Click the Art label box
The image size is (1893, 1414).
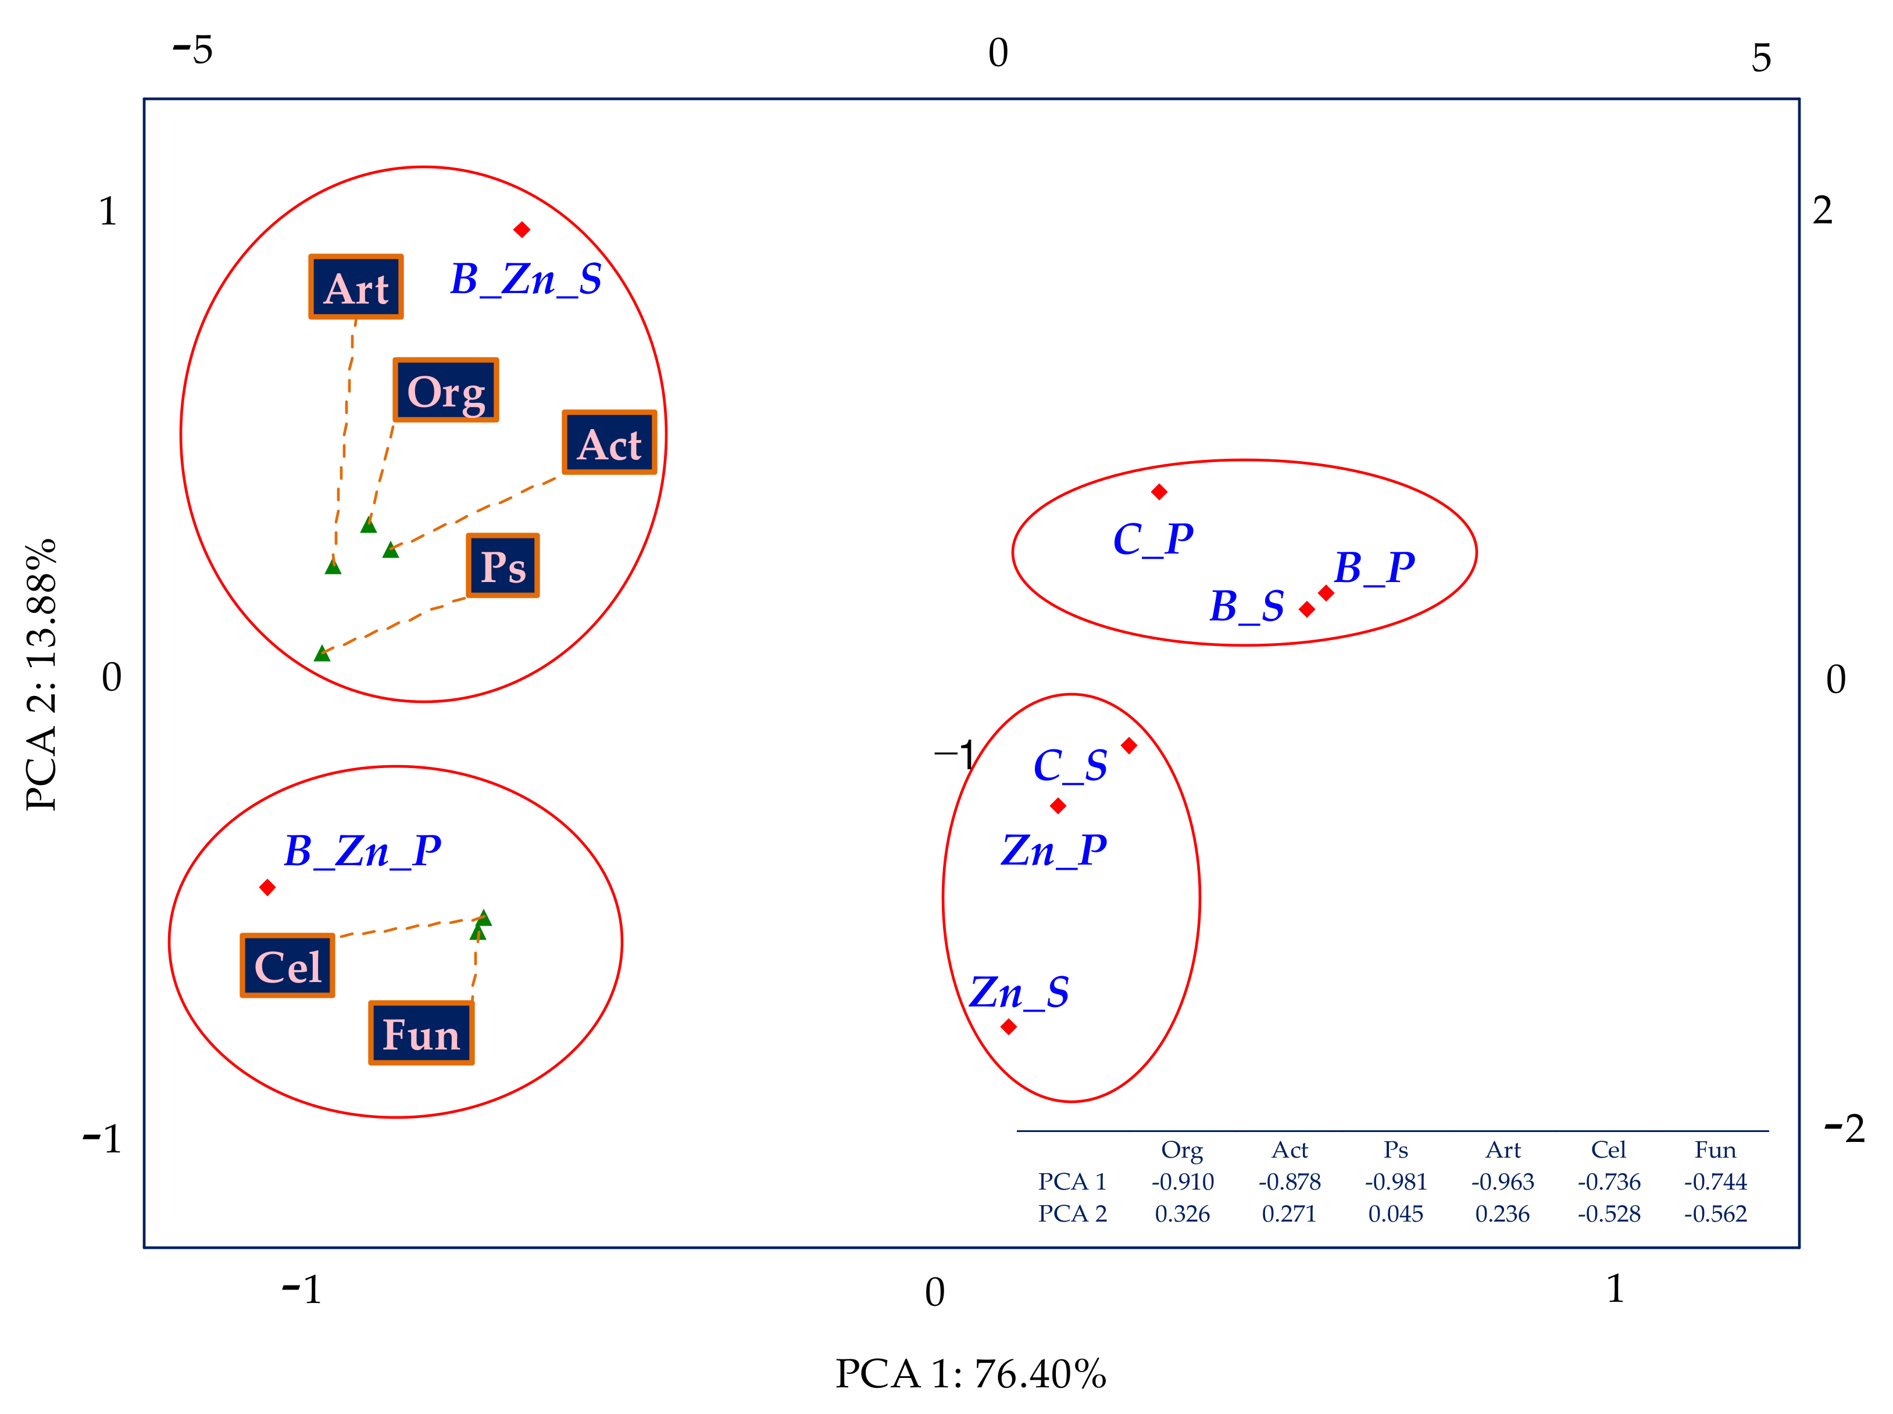point(355,287)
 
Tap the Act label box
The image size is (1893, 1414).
point(609,442)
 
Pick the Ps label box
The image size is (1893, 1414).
point(503,566)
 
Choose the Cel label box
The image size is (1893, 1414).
point(288,966)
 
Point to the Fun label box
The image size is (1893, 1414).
point(421,1033)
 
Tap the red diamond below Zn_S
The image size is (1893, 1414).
point(1009,1026)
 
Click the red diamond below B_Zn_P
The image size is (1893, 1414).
point(267,888)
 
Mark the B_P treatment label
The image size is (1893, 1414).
point(1374,567)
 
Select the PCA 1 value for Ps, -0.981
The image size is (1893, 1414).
point(1396,1182)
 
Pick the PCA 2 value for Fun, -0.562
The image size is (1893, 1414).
point(1715,1214)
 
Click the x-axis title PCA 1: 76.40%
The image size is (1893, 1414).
point(970,1374)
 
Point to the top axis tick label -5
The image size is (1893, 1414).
point(192,51)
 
